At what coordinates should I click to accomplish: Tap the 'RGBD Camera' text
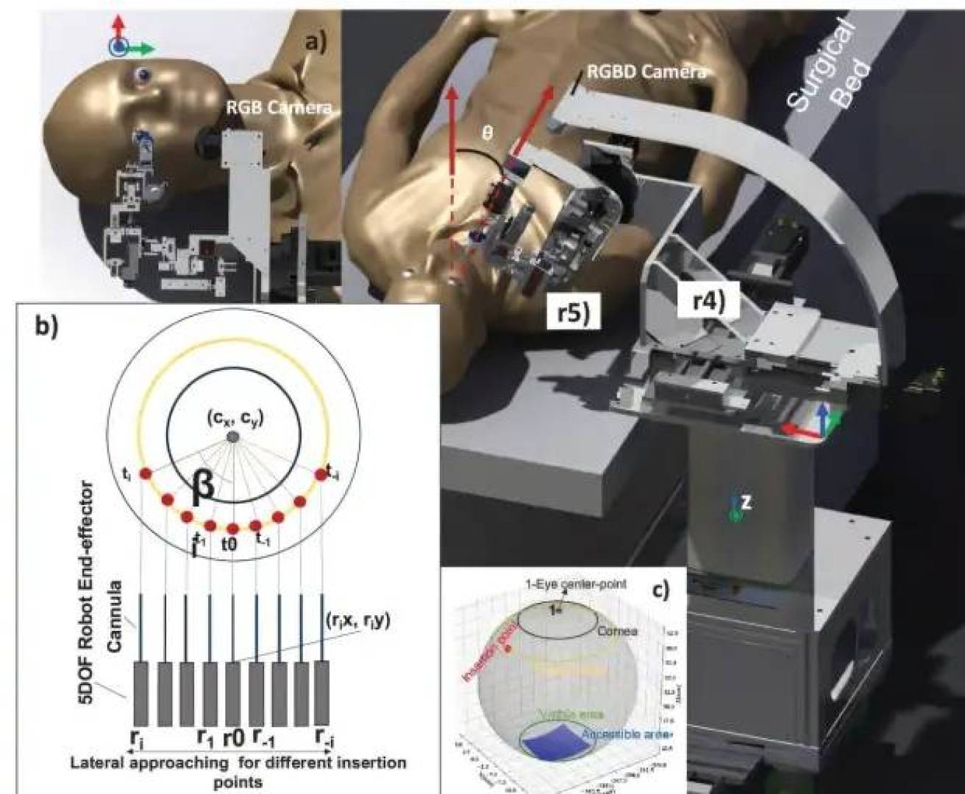(646, 72)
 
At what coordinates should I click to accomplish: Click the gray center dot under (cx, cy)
(232, 437)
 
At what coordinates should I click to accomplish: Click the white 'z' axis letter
(746, 502)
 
